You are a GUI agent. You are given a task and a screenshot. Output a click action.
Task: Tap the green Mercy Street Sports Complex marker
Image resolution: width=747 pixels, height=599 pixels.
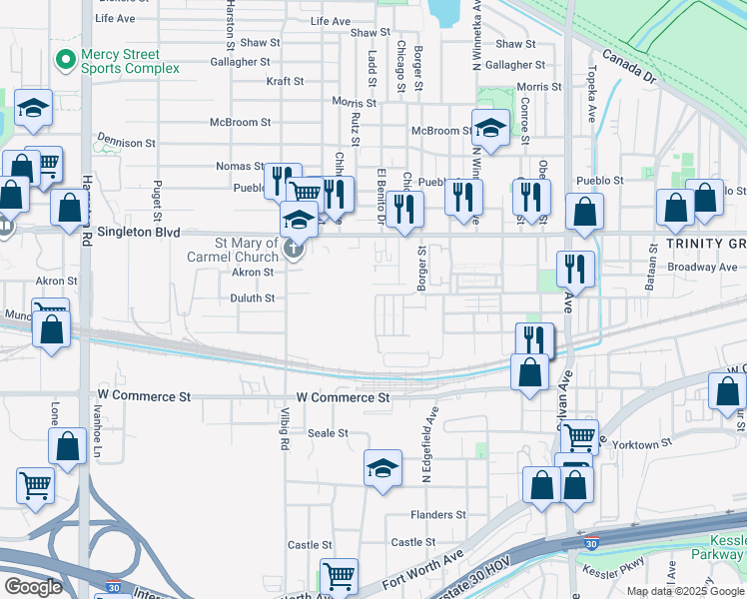pyautogui.click(x=66, y=60)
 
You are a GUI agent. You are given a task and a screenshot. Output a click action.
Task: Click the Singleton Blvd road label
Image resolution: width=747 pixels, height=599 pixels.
pyautogui.click(x=132, y=233)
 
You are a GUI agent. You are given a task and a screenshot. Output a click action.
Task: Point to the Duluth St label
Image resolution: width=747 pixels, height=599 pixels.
pyautogui.click(x=254, y=298)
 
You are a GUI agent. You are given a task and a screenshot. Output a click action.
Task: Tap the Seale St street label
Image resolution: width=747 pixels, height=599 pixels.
pyautogui.click(x=328, y=433)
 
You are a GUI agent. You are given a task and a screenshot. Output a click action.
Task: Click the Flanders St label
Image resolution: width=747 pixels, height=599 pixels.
pyautogui.click(x=438, y=515)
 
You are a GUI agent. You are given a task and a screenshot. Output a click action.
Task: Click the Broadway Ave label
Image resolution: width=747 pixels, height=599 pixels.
pyautogui.click(x=703, y=267)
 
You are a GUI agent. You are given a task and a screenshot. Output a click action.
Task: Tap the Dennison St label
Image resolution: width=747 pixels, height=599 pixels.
pyautogui.click(x=126, y=143)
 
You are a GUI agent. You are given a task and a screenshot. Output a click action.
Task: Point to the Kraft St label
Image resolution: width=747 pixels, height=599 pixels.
pyautogui.click(x=284, y=81)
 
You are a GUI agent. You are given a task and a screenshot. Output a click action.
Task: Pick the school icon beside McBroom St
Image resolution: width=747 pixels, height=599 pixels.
pyautogui.click(x=490, y=130)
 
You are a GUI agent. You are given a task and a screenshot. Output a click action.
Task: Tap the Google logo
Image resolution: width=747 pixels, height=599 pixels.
pyautogui.click(x=34, y=587)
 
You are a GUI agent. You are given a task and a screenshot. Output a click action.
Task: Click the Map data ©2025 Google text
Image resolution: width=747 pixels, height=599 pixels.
pyautogui.click(x=684, y=591)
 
